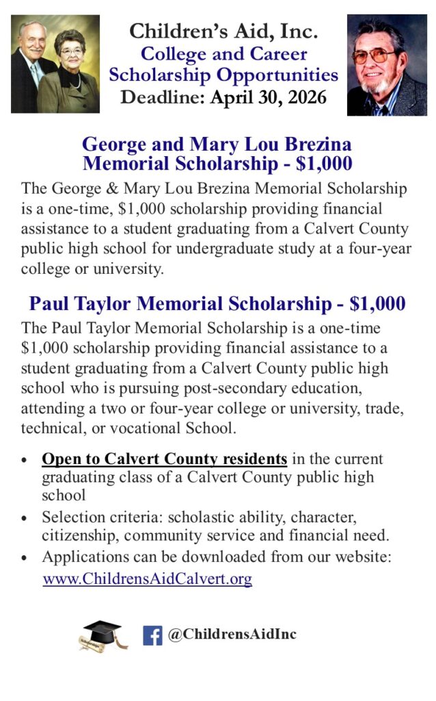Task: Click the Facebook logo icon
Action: coord(152,635)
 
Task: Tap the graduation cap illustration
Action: coord(103,634)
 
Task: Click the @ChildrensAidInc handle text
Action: coord(232,635)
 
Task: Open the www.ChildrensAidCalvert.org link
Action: coord(147,578)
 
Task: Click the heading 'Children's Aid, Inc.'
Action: coord(223,31)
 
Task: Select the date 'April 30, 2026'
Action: coord(268,97)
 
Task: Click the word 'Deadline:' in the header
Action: coord(162,97)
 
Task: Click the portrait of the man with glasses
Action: coord(387,65)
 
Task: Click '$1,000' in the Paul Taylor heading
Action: coord(377,303)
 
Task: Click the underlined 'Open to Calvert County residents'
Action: coord(164,459)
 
